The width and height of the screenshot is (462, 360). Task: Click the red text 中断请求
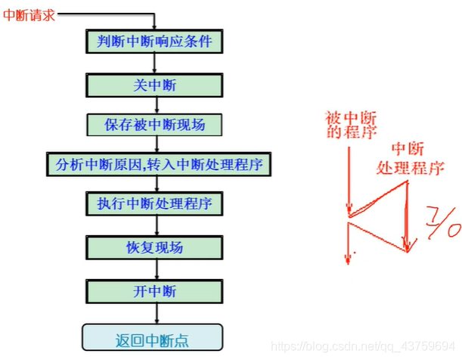click(29, 14)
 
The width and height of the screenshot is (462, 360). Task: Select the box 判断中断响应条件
click(155, 41)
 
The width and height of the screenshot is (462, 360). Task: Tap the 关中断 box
click(155, 85)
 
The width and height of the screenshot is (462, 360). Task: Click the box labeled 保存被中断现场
click(155, 124)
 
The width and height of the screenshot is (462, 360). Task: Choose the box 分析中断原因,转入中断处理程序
click(155, 163)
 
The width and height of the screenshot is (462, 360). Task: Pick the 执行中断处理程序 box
click(155, 203)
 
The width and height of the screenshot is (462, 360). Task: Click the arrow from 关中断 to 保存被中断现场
click(155, 104)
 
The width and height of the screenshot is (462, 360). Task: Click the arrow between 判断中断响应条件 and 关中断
click(155, 63)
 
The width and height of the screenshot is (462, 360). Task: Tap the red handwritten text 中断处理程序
click(408, 158)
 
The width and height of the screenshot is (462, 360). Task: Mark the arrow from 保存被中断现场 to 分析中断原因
click(155, 144)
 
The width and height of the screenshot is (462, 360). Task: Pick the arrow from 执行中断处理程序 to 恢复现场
click(155, 225)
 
